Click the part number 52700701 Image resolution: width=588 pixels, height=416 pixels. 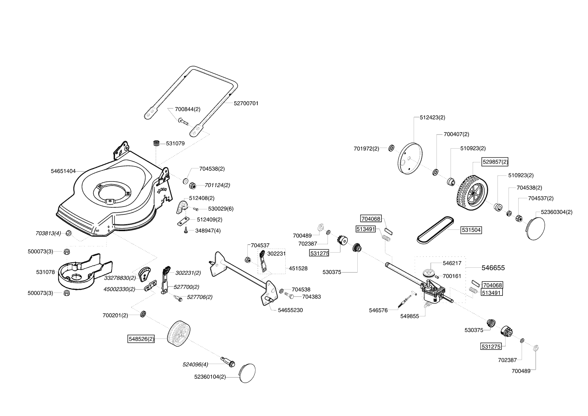(246, 103)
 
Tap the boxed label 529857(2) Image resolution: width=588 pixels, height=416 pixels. (495, 162)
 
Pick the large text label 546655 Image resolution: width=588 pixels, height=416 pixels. (493, 268)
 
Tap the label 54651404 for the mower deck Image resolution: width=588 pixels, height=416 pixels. (63, 171)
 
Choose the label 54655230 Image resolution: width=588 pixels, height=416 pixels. (290, 310)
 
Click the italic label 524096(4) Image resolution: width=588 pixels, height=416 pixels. (195, 364)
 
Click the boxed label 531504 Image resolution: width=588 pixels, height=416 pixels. (471, 230)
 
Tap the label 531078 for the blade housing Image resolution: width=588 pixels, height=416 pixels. (46, 272)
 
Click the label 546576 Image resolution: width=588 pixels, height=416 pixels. (378, 310)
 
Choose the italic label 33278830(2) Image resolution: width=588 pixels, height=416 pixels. (120, 278)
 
